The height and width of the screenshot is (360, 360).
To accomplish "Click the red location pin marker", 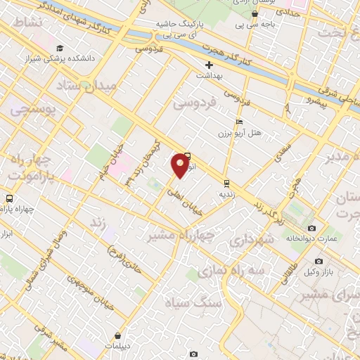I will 180,165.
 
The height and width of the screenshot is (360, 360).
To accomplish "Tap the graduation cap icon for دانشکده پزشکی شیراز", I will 60,48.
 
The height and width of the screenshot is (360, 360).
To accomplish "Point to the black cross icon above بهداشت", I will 210,65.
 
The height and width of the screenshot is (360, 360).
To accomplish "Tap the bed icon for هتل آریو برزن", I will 239,122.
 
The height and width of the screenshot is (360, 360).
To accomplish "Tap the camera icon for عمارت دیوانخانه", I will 311,229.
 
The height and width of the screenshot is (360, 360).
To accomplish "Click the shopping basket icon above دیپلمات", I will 117,335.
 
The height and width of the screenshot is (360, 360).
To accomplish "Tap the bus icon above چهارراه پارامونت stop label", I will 8,198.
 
